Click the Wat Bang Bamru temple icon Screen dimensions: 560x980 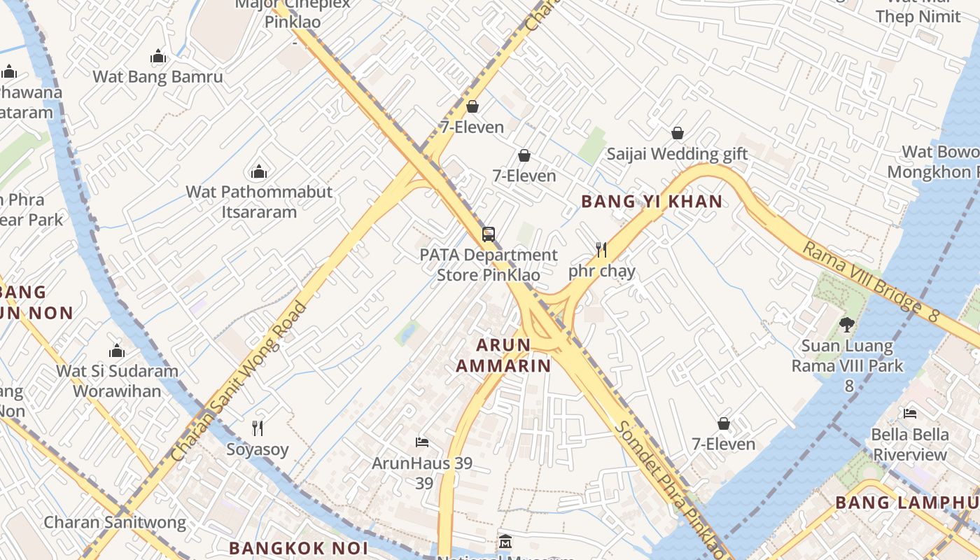(158, 57)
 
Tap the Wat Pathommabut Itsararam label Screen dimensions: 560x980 (259, 202)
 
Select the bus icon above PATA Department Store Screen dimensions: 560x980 (489, 234)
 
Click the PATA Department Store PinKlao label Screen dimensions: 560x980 (489, 265)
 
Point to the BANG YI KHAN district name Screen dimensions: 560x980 (652, 202)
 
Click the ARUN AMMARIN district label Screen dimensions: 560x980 (503, 355)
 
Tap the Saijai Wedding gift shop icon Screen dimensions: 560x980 (678, 133)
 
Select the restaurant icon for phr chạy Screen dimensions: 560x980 (601, 249)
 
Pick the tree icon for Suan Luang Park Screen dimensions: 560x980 (847, 325)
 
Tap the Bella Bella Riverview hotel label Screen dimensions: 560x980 (909, 444)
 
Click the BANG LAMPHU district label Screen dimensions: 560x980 (907, 502)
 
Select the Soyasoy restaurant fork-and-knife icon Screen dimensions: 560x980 (258, 428)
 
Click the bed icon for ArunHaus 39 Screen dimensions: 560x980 (422, 442)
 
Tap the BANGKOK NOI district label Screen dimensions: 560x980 (296, 547)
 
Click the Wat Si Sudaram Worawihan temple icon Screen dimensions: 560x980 (117, 351)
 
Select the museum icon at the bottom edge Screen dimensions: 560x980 (505, 542)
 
